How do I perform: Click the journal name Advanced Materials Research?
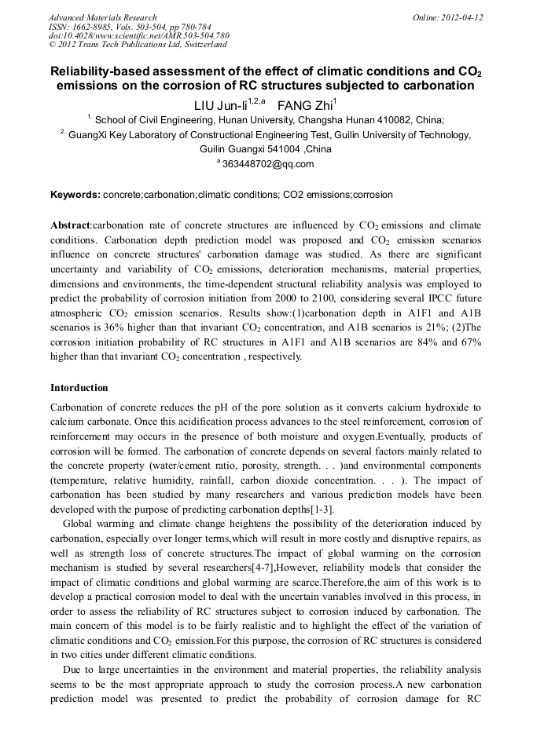[102, 17]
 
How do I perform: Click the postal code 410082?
[398, 120]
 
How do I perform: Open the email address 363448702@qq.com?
[268, 164]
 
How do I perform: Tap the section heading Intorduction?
[79, 388]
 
